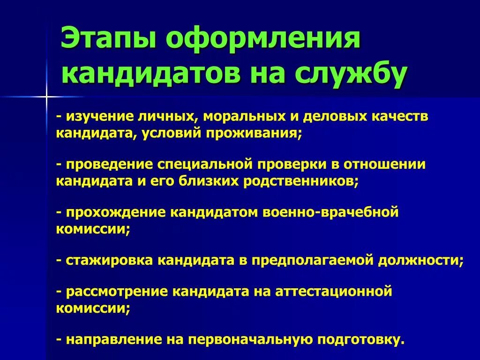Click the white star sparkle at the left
coord(46,97)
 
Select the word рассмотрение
coord(117,292)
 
